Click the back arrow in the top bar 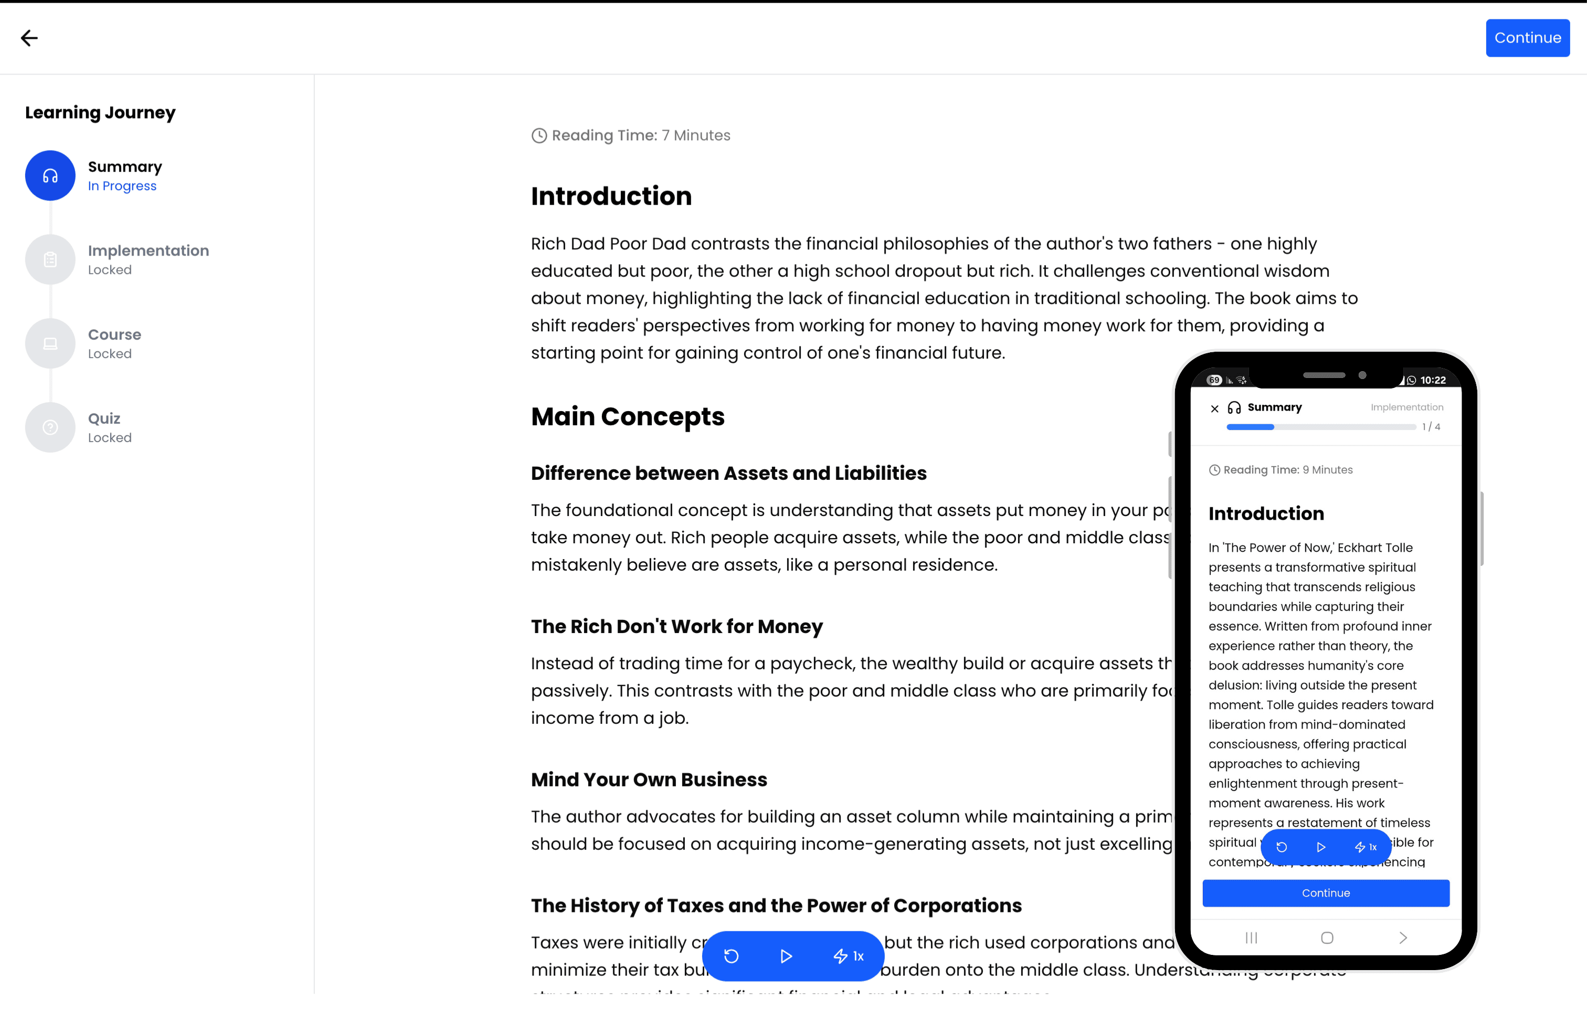tap(29, 38)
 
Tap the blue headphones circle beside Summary tap(50, 175)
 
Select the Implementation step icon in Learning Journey tap(50, 259)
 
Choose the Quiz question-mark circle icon tap(50, 427)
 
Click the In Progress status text tap(122, 186)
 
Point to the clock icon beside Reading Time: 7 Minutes tap(539, 135)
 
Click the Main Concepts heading tap(628, 417)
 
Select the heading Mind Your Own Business tap(649, 780)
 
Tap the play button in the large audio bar tap(786, 956)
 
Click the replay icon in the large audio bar tap(732, 956)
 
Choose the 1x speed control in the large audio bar tap(849, 956)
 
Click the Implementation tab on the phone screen tap(1407, 407)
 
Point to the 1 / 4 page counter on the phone tap(1431, 427)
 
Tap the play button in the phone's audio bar tap(1321, 847)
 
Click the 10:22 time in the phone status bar tap(1433, 380)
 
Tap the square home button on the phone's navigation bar tap(1327, 938)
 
